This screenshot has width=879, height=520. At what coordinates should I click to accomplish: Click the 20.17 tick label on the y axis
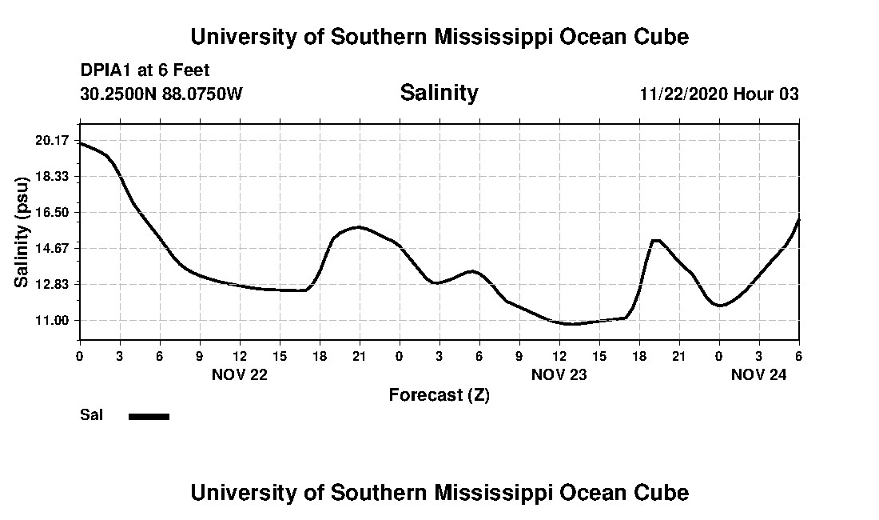(54, 141)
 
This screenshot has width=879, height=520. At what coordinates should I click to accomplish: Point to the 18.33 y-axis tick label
(54, 176)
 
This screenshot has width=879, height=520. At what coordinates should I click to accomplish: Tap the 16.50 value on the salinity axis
(54, 212)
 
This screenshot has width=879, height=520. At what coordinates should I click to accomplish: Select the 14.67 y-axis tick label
(54, 248)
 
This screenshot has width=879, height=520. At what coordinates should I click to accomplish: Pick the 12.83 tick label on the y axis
(54, 284)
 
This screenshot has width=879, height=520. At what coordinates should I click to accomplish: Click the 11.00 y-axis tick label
(54, 320)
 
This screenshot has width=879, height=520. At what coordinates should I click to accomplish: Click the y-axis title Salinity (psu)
(22, 230)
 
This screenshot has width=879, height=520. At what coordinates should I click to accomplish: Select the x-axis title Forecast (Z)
(439, 394)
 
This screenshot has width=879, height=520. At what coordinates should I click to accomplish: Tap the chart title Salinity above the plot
(439, 93)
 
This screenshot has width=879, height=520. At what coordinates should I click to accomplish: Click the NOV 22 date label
(240, 374)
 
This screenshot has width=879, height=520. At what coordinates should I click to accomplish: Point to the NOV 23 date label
(559, 374)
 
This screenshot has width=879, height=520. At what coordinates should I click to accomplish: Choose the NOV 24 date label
(759, 374)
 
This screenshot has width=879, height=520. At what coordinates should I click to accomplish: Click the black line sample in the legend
(149, 416)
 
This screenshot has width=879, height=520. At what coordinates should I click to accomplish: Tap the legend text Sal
(91, 415)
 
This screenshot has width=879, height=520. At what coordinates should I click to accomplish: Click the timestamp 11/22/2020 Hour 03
(718, 94)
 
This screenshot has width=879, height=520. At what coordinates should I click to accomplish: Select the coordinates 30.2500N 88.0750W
(161, 94)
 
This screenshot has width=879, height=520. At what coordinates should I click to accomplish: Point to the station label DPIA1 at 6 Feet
(145, 71)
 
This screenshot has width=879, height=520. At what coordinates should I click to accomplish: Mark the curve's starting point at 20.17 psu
(80, 142)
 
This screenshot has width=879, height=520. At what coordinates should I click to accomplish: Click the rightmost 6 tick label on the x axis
(798, 355)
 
